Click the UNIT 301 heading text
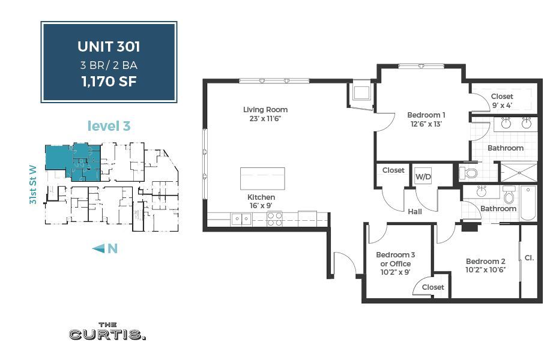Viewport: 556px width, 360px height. pyautogui.click(x=109, y=46)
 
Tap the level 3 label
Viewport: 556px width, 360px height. pyautogui.click(x=109, y=126)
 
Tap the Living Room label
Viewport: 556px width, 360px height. pyautogui.click(x=265, y=110)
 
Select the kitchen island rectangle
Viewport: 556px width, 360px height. pyautogui.click(x=262, y=178)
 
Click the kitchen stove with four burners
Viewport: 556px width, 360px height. pyautogui.click(x=274, y=219)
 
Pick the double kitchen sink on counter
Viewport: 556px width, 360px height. pyautogui.click(x=242, y=219)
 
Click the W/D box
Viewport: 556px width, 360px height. pyautogui.click(x=423, y=177)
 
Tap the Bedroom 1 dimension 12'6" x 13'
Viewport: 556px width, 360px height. pyautogui.click(x=426, y=124)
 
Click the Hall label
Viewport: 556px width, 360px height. pyautogui.click(x=414, y=211)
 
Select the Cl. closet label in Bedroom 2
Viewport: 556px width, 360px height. pyautogui.click(x=529, y=258)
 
